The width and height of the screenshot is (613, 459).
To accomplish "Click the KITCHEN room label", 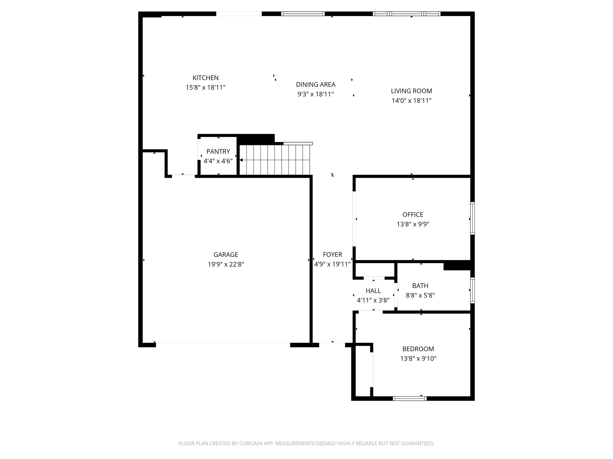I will (x=205, y=78).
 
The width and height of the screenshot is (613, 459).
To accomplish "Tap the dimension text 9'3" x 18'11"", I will (x=315, y=94).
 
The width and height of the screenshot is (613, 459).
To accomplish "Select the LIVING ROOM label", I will (x=411, y=91).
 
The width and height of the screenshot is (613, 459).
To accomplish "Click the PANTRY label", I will (x=218, y=152).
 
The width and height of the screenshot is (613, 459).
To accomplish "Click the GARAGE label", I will (x=226, y=255).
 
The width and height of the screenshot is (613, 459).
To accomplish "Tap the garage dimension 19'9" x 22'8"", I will (x=226, y=264).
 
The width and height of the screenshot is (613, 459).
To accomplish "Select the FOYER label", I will (x=332, y=255).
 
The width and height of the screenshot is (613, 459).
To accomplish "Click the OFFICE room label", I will (x=413, y=215).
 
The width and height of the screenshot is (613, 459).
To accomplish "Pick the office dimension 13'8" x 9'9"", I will (x=413, y=224).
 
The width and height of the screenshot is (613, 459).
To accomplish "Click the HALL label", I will (x=373, y=291).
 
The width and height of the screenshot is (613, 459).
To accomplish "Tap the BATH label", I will (x=420, y=286).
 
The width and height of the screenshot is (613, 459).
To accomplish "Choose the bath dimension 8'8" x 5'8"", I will (x=420, y=296).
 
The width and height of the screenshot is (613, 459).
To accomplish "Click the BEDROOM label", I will (x=418, y=349).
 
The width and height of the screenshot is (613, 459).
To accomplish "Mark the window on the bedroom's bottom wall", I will (x=409, y=398).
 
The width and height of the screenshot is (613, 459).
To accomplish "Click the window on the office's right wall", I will (x=472, y=218).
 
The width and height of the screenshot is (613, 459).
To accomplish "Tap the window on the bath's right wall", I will (x=472, y=290).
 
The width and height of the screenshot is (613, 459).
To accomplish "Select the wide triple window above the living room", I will (x=406, y=14).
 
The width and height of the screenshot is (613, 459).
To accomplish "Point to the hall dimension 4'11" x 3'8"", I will (x=373, y=300).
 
